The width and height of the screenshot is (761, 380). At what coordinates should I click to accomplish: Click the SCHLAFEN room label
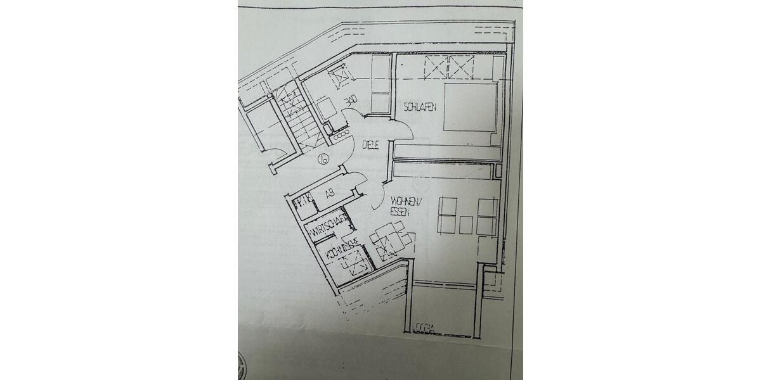click(x=419, y=108)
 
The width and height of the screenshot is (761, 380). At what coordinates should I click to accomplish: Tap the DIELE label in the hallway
click(x=370, y=145)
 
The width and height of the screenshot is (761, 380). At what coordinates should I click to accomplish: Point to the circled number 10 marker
click(x=323, y=159)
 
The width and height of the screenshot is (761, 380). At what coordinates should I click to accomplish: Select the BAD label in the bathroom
click(x=351, y=101)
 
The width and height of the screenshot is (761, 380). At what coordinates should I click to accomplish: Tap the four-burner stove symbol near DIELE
click(x=342, y=135)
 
